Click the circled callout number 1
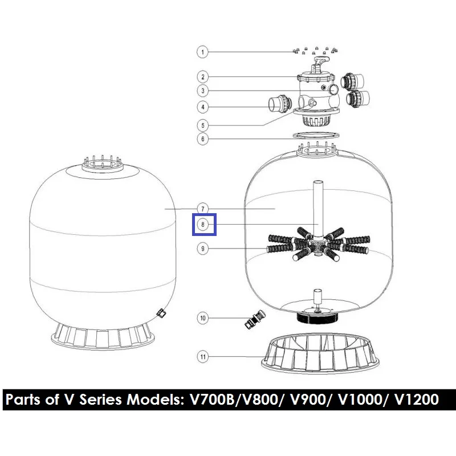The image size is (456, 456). [x=203, y=52]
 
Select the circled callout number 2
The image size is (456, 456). [x=203, y=77]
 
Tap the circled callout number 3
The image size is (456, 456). [x=203, y=91]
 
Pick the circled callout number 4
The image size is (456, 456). [x=203, y=107]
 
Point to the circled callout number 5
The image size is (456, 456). [x=203, y=125]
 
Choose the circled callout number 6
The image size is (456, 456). [x=203, y=139]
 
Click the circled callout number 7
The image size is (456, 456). [x=203, y=209]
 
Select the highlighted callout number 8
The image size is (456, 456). [x=203, y=225]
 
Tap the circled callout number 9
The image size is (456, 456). [x=203, y=249]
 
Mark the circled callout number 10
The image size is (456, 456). [x=203, y=318]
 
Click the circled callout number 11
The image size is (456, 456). [x=203, y=357]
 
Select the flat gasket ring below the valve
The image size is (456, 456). [x=316, y=135]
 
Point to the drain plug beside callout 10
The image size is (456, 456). [x=254, y=319]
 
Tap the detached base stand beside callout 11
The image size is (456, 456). [x=320, y=353]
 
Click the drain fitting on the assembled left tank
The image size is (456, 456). [x=161, y=313]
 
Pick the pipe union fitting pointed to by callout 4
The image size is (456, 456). [x=280, y=103]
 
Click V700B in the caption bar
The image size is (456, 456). [x=212, y=400]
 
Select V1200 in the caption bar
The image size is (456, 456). [x=417, y=400]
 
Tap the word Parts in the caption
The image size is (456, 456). [x=23, y=400]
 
